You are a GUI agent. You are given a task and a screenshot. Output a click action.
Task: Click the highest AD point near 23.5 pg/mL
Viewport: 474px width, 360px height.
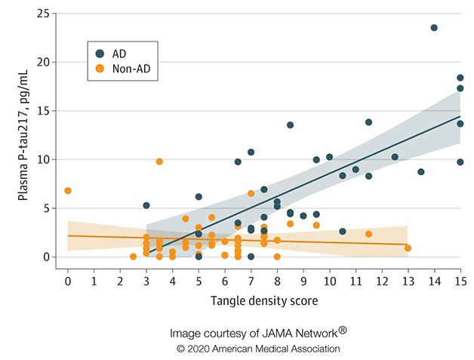434,28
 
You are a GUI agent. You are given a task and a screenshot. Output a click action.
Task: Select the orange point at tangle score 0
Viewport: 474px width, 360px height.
68,190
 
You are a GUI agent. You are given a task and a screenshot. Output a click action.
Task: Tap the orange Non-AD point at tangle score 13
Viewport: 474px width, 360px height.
408,248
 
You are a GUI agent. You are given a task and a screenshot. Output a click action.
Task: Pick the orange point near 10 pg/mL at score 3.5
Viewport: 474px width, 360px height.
159,162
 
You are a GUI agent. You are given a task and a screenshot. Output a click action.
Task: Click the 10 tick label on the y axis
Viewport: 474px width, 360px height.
45,159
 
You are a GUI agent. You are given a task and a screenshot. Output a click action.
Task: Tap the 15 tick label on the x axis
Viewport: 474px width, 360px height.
460,282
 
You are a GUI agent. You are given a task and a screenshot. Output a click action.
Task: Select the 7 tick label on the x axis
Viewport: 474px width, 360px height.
251,282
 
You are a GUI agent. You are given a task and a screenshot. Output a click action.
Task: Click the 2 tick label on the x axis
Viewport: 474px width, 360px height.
120,282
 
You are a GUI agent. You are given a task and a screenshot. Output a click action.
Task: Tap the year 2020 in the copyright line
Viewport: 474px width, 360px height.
198,349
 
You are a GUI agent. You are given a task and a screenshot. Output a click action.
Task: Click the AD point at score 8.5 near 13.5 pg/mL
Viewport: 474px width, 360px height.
290,125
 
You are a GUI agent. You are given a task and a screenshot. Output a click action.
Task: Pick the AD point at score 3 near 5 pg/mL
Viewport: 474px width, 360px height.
146,205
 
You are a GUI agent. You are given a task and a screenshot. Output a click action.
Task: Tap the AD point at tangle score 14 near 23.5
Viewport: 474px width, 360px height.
434,28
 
